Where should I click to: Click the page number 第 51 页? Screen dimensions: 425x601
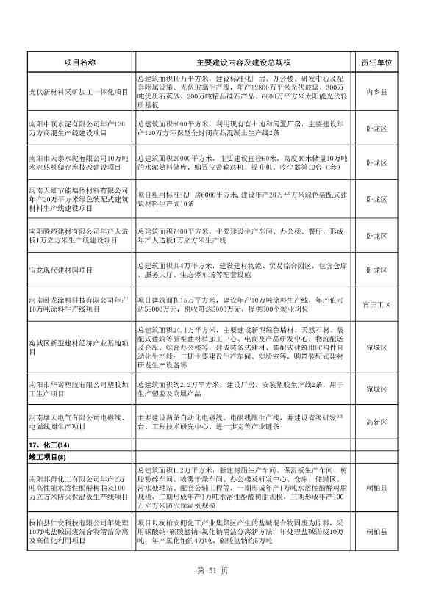coord(213,570)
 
